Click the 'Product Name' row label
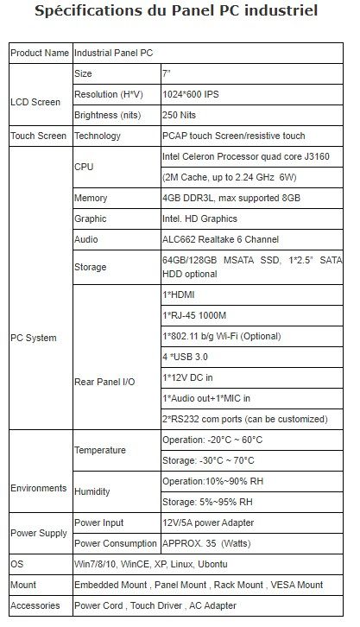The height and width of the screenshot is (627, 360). tap(39, 54)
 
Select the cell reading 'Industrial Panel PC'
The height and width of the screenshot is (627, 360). tap(115, 54)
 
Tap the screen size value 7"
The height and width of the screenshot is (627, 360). tap(168, 74)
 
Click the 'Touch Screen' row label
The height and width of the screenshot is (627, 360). tap(39, 136)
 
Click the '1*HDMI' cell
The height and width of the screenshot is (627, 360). tap(179, 295)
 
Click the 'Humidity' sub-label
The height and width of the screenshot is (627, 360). tap(92, 492)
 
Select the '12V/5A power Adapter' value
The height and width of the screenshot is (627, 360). tap(211, 523)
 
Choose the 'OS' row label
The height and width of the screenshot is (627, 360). tap(16, 564)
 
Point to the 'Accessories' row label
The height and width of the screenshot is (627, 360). tap(35, 605)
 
